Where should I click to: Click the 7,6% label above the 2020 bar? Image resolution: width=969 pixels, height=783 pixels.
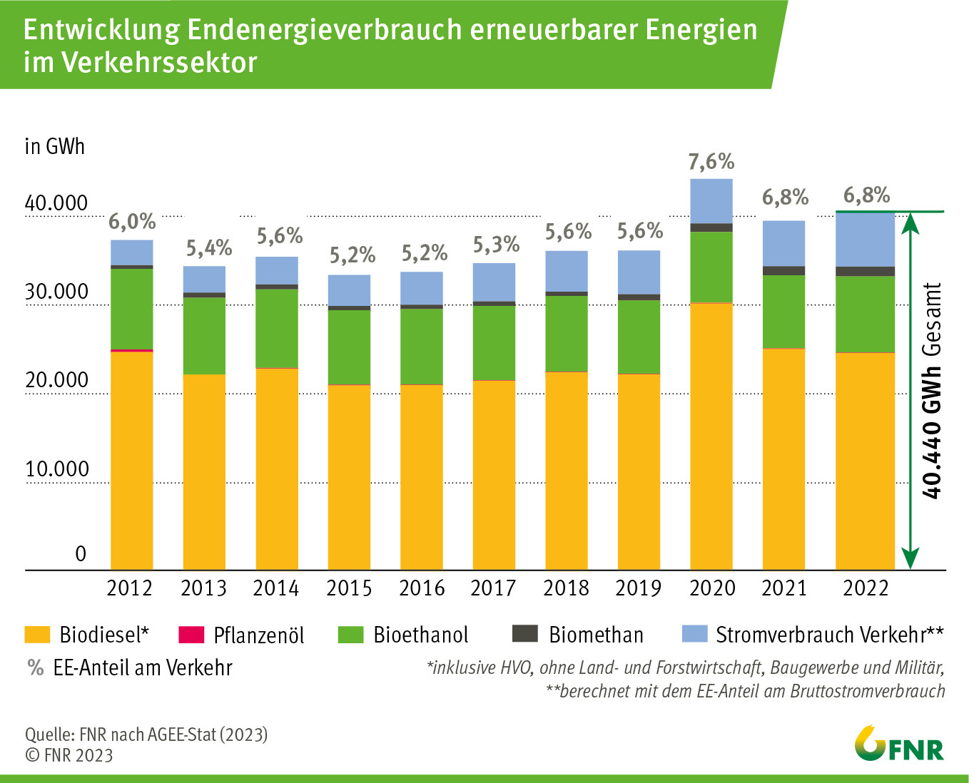click(x=711, y=162)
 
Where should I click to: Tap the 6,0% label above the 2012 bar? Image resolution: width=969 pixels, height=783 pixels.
click(x=132, y=222)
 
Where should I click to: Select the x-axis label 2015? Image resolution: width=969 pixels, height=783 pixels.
click(x=349, y=588)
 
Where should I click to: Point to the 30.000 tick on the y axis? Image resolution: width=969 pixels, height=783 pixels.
click(x=56, y=292)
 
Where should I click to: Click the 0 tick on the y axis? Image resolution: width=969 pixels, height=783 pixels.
click(x=81, y=554)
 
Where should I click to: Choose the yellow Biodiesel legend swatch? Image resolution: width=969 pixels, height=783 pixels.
click(x=37, y=634)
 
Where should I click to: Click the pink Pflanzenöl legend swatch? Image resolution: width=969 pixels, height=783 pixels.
click(x=191, y=634)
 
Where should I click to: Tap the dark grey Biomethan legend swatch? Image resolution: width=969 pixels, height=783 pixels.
click(x=525, y=633)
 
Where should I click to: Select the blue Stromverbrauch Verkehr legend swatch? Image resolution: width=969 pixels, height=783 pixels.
click(x=694, y=633)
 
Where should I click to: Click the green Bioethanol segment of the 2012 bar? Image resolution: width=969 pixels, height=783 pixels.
click(x=132, y=308)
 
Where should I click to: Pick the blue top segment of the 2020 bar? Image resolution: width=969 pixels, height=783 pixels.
click(x=711, y=200)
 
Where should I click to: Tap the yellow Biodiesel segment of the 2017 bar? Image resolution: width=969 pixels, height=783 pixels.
click(x=494, y=474)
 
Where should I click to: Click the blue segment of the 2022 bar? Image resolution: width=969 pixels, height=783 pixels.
click(x=865, y=239)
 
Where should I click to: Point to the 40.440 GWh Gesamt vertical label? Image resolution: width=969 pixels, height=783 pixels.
click(x=932, y=390)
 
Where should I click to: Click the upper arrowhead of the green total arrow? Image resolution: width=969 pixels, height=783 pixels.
click(x=910, y=222)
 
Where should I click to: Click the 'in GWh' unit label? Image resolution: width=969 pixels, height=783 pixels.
click(x=55, y=146)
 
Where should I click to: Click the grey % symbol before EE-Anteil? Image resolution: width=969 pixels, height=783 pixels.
click(x=35, y=668)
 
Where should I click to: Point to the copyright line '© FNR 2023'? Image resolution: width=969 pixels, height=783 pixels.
click(x=69, y=755)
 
